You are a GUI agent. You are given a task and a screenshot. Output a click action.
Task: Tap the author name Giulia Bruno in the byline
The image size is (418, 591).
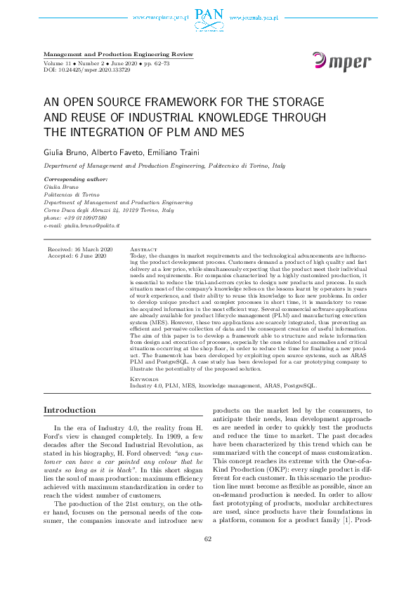point(66,152)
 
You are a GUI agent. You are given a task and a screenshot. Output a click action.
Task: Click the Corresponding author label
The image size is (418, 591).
point(75,180)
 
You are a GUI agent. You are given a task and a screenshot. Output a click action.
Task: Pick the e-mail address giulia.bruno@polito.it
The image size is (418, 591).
point(82,225)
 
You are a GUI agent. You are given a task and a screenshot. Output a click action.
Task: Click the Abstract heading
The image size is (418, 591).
point(144,250)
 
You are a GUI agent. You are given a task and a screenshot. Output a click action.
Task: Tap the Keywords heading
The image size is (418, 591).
point(145,380)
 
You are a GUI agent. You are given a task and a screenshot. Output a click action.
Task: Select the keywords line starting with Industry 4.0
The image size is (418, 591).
point(223,386)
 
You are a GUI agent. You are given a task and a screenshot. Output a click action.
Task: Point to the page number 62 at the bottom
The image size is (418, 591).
point(208,559)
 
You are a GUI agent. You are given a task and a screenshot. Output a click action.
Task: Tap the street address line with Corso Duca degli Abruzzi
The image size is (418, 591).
point(109,210)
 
